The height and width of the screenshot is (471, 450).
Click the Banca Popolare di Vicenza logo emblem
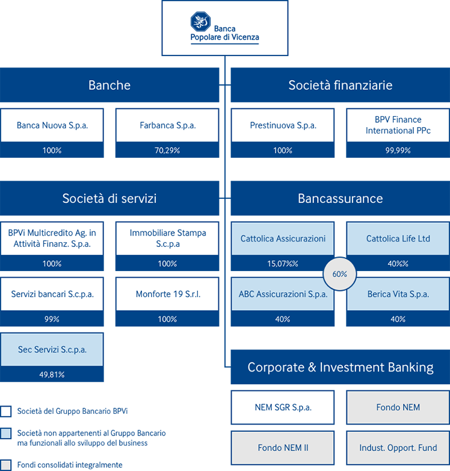[200, 22]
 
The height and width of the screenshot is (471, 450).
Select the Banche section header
[109, 85]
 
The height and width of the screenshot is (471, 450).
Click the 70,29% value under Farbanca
[167, 150]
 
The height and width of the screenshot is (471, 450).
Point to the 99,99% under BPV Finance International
[398, 150]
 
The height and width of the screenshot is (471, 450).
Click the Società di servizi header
[109, 198]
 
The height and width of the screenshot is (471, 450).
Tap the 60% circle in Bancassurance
[339, 274]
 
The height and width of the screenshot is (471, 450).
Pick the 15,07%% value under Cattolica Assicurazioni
[283, 264]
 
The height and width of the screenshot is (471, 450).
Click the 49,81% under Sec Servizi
[52, 375]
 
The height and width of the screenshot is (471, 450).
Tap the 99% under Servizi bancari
[52, 319]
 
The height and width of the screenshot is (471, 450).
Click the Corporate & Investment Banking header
[341, 367]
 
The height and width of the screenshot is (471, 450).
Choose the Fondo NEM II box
[283, 448]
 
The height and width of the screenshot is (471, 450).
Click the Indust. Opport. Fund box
[398, 448]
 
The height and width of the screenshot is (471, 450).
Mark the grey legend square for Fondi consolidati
[5, 465]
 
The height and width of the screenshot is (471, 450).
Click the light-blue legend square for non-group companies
[5, 434]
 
